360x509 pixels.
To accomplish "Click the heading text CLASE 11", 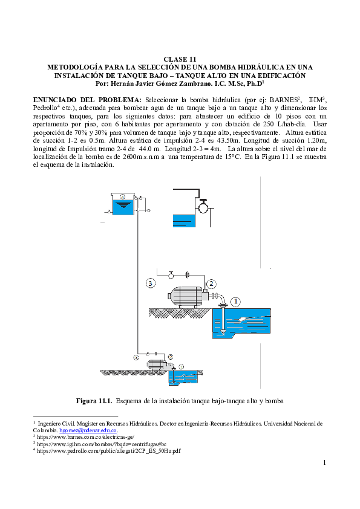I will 180,59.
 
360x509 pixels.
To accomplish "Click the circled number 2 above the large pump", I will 211,283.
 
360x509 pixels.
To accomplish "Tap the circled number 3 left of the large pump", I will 151,283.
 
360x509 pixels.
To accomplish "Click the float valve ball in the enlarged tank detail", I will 204,207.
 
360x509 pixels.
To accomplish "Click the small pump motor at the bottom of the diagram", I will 156,365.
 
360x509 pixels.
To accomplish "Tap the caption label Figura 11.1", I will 94,401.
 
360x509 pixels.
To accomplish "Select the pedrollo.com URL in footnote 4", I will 108,450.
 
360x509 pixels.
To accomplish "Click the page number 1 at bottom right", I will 325,463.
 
